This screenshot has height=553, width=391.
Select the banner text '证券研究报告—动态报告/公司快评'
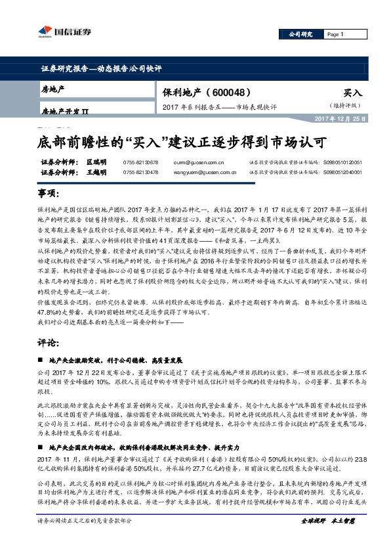pos(96,68)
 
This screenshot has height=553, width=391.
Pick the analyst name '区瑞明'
pos(96,162)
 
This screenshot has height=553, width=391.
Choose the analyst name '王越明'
pos(96,172)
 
